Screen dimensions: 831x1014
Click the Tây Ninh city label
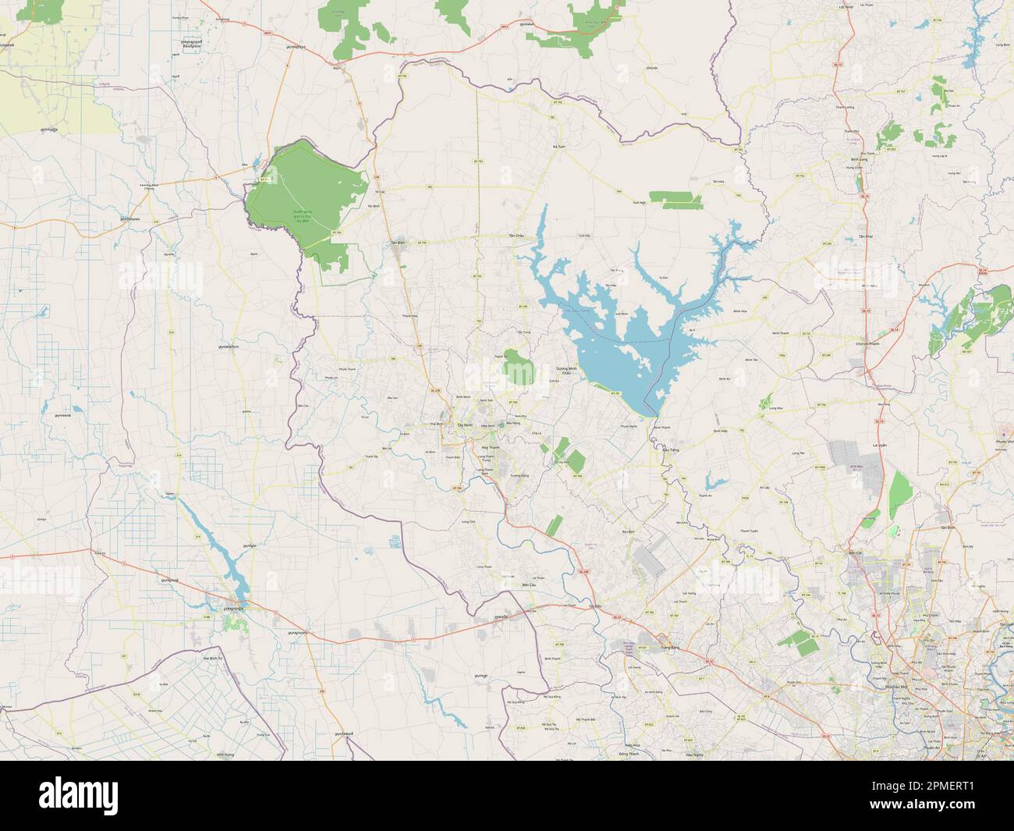point(465,424)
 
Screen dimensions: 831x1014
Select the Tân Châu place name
point(516,235)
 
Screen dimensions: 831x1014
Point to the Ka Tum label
point(557,146)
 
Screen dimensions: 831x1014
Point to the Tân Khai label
point(864,236)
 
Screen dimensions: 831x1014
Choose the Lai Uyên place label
point(878,445)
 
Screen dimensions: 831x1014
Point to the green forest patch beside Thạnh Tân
point(517,367)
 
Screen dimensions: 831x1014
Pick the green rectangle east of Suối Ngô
point(676,200)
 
